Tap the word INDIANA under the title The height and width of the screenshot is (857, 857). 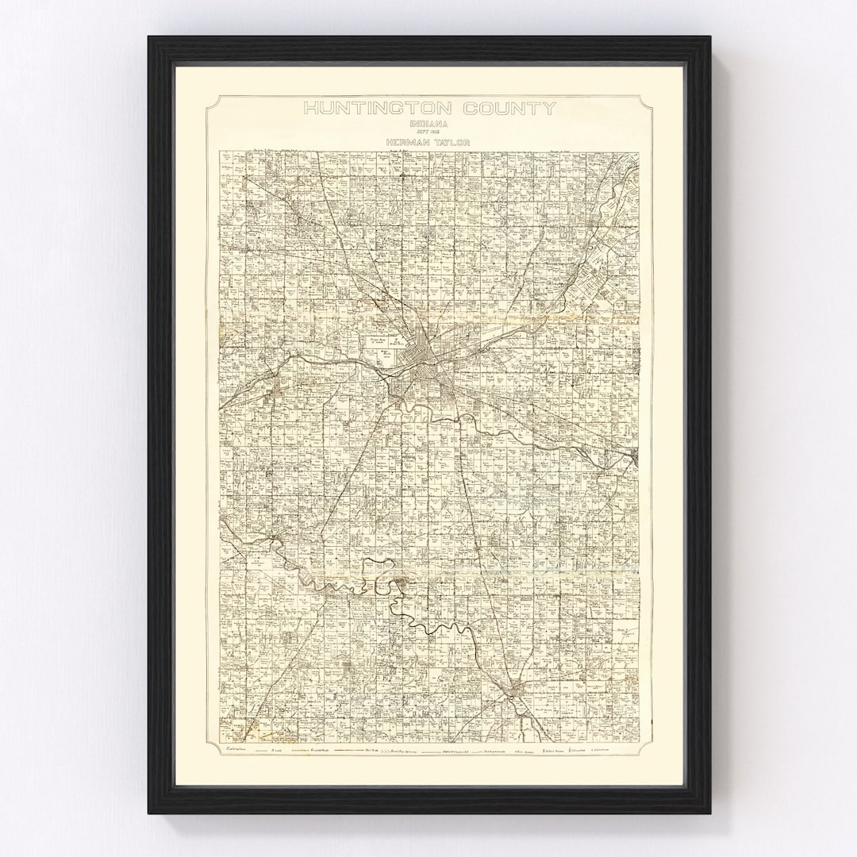tap(429, 125)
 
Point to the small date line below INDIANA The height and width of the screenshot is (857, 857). tap(429, 133)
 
